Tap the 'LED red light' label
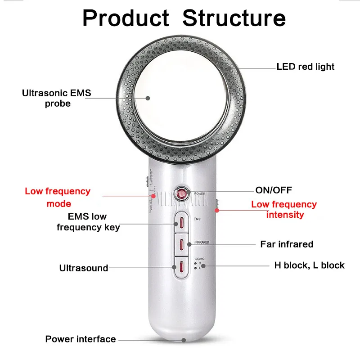tap(306, 67)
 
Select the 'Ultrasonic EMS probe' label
tap(57, 98)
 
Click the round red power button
tap(182, 195)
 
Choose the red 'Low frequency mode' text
tap(58, 197)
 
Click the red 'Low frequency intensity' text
tap(284, 209)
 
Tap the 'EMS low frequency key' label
tap(88, 221)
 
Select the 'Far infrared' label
tap(287, 244)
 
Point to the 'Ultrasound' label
tap(84, 268)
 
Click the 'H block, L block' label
tap(310, 265)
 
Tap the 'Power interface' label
tap(81, 339)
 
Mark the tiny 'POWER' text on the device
tap(199, 193)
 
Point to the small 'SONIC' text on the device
tap(200, 259)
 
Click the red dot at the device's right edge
tap(216, 210)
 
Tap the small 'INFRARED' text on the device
tap(201, 242)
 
